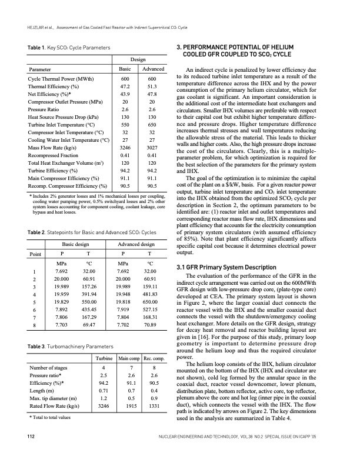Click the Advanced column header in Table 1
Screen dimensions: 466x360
(152, 69)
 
